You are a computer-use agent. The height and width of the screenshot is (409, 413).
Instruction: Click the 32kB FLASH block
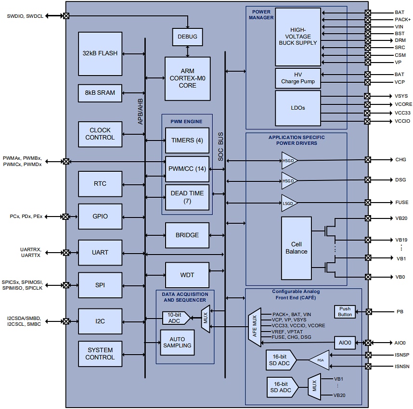tap(100, 53)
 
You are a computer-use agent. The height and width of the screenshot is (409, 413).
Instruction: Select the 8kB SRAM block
tap(100, 93)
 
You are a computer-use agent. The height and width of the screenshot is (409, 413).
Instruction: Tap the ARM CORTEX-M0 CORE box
tap(187, 78)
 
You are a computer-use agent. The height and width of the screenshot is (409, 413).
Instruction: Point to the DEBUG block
tap(187, 37)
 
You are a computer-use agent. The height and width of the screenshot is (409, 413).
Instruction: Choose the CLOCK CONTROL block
tap(100, 134)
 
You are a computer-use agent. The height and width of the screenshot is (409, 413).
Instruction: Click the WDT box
tap(187, 275)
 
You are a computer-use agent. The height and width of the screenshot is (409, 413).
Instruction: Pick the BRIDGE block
tap(187, 235)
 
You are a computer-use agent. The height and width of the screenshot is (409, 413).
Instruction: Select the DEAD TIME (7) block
tap(187, 197)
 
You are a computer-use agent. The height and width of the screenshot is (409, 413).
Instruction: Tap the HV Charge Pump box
tap(297, 78)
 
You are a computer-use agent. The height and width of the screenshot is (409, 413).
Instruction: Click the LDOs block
tap(297, 108)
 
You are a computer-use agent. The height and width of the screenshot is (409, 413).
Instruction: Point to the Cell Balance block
tap(297, 248)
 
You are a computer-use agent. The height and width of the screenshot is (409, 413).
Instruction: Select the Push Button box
tap(345, 312)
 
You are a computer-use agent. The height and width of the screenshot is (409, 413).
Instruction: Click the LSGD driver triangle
tap(289, 203)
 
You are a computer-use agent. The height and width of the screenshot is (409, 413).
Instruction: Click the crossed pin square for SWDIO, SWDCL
tap(66, 16)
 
